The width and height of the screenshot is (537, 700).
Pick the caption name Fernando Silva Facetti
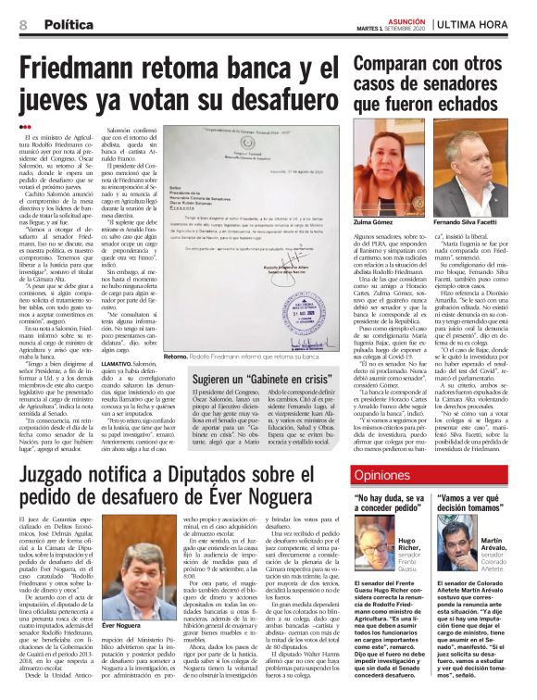click(472, 249)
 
